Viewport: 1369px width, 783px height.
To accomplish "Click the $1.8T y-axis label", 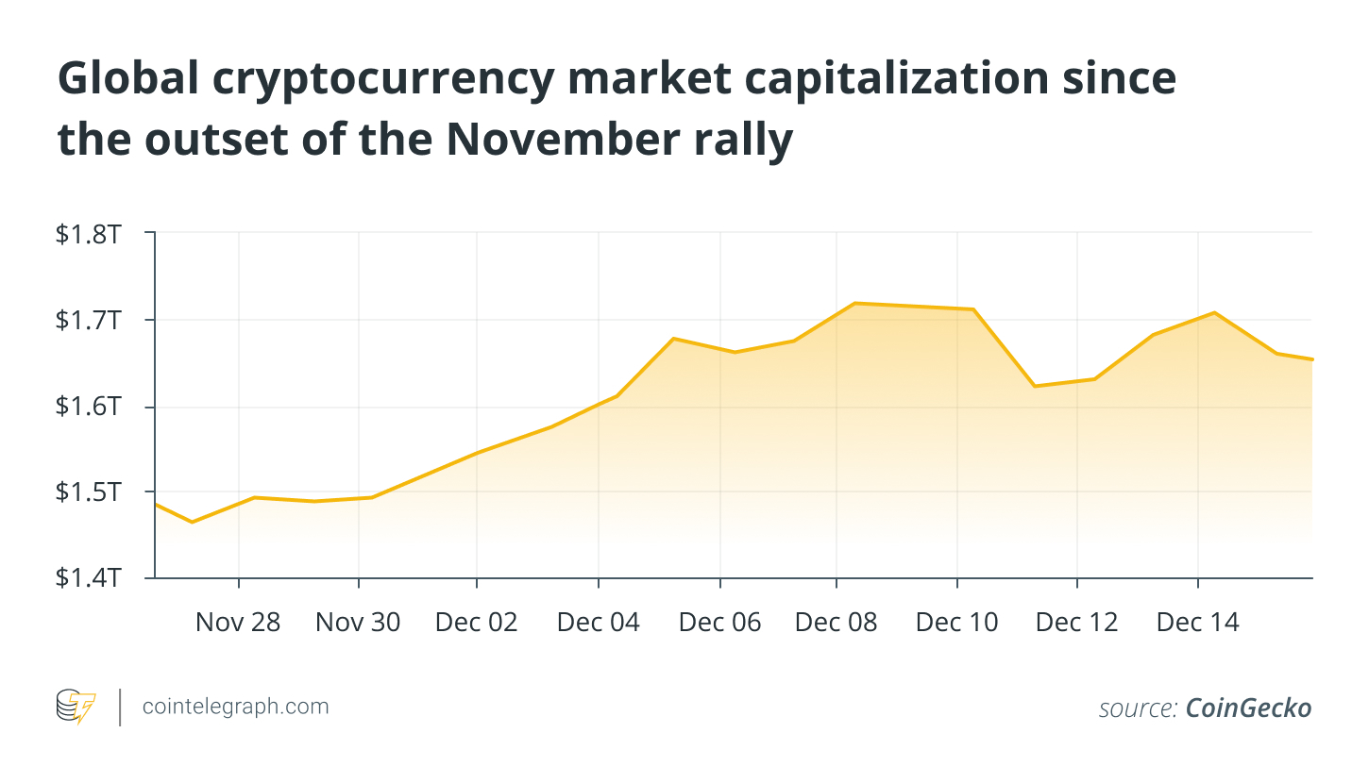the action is click(x=89, y=234).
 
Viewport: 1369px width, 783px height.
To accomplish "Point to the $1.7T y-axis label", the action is click(x=89, y=320).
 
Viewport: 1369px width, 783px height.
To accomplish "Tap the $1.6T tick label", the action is click(x=89, y=407).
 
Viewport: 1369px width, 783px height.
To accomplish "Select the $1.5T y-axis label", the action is click(x=89, y=491).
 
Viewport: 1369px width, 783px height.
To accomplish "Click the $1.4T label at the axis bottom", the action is click(x=89, y=577).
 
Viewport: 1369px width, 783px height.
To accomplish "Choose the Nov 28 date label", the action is click(x=238, y=623).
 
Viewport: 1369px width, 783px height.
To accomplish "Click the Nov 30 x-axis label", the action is click(x=358, y=623).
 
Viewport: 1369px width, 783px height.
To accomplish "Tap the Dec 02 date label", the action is click(x=476, y=623).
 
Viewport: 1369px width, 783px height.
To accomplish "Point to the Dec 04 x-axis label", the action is click(x=599, y=623).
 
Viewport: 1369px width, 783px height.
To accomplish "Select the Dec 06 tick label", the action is click(x=720, y=623).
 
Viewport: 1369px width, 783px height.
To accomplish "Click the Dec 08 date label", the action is click(x=837, y=623).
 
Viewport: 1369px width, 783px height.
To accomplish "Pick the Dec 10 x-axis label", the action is click(x=957, y=623).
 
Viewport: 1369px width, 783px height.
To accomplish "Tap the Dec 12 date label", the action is click(x=1077, y=623).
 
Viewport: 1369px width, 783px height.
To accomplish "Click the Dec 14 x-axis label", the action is click(x=1198, y=623).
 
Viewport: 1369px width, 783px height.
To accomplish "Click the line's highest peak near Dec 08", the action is click(x=854, y=303).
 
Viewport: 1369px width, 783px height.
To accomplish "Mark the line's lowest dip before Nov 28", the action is click(x=192, y=523).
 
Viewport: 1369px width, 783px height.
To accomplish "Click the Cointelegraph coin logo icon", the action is click(x=76, y=707).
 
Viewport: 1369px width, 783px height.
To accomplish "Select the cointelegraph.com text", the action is click(x=235, y=707).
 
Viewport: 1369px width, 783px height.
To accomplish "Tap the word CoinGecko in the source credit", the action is click(x=1248, y=708).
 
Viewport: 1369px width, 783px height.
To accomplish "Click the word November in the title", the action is click(x=563, y=140).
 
